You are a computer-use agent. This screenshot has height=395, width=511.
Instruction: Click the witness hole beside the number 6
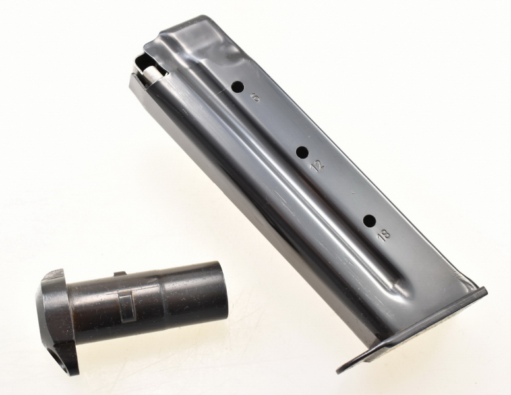tap(237, 87)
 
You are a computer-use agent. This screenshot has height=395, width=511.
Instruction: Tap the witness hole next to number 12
tap(303, 152)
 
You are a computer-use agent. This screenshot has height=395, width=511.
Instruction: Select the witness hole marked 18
tap(370, 221)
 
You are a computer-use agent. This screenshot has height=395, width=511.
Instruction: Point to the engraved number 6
tap(255, 97)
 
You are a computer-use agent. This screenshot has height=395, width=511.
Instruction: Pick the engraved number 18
tap(383, 234)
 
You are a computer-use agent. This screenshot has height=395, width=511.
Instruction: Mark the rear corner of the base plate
tap(485, 290)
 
